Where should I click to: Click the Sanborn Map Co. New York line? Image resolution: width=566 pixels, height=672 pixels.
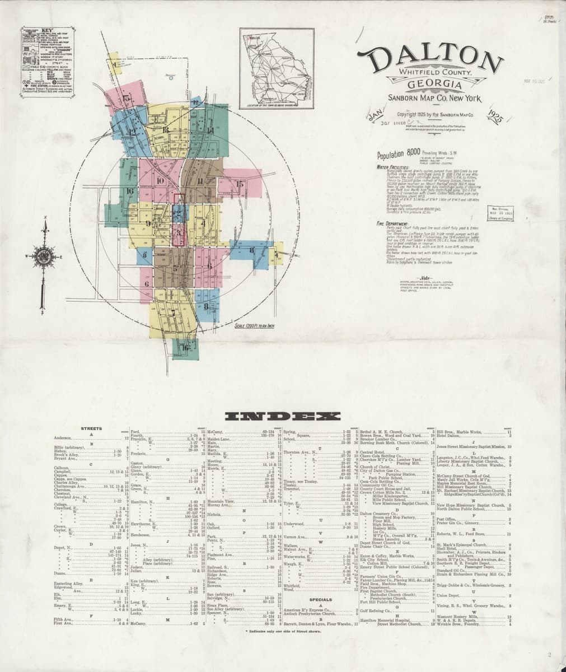coord(427,99)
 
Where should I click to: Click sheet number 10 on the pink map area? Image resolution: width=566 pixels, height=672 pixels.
coord(160,181)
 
